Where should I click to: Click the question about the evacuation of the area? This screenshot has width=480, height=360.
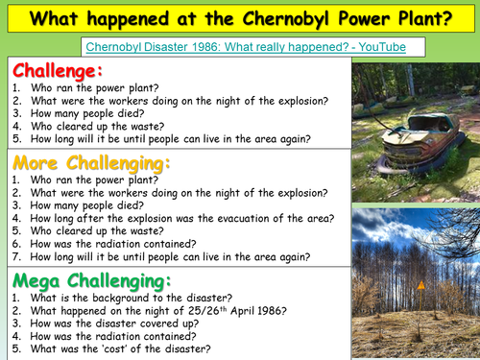click(179, 218)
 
